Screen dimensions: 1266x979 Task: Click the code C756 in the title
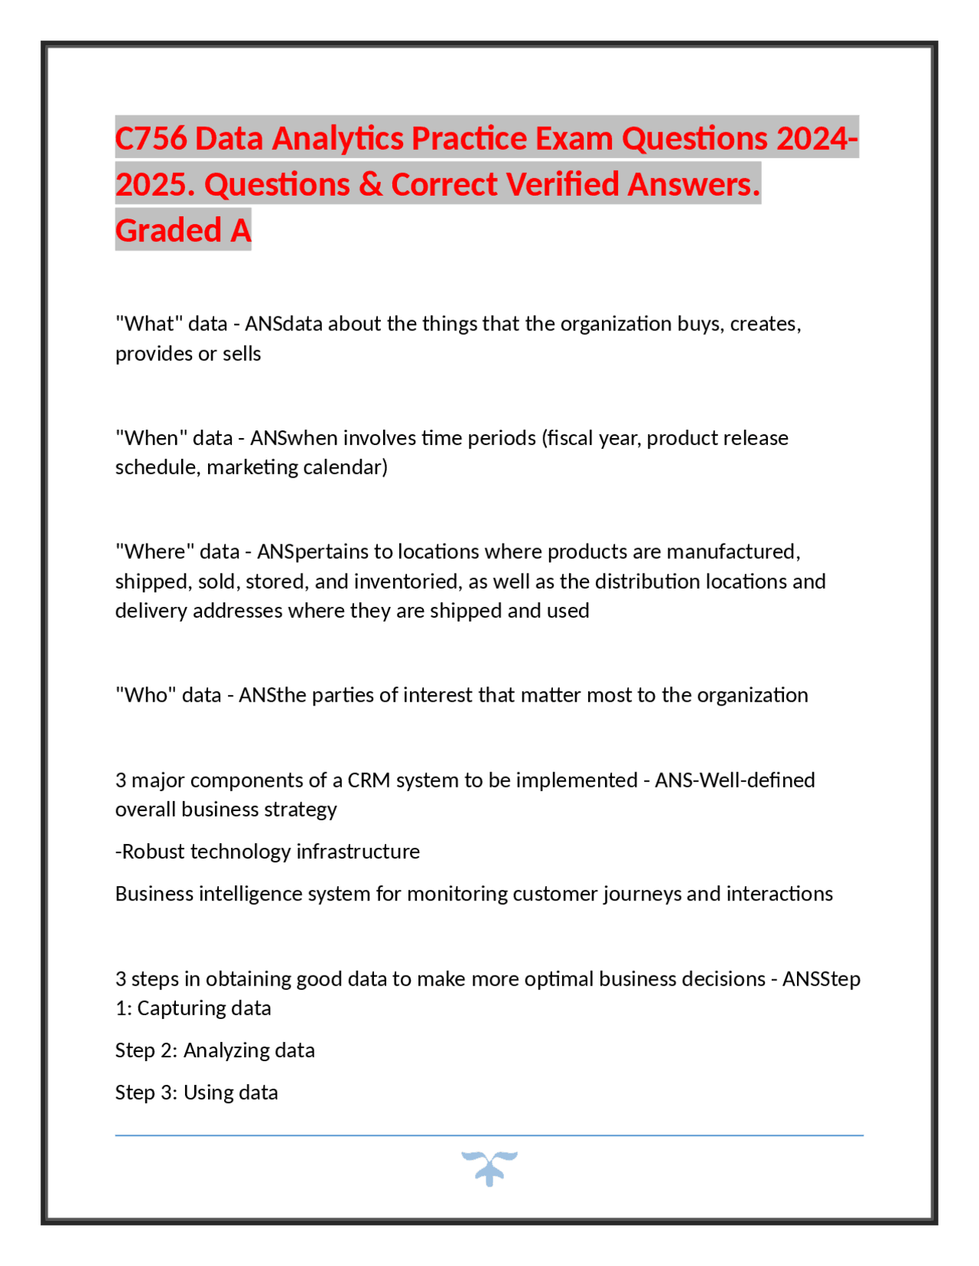click(151, 138)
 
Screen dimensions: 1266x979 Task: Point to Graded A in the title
click(183, 231)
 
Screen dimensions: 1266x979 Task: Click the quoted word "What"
click(148, 324)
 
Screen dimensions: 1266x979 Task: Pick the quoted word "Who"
click(145, 695)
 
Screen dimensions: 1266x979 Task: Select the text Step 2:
click(146, 1050)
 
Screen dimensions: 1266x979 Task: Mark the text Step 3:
click(146, 1092)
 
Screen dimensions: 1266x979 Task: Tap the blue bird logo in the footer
click(489, 1168)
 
